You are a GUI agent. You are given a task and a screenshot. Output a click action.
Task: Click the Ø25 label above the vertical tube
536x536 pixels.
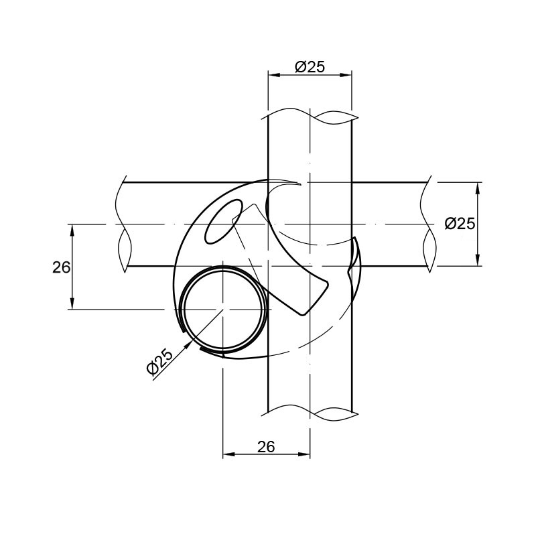[x=310, y=67]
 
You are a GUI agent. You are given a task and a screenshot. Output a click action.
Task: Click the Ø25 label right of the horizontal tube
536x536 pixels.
[x=460, y=224]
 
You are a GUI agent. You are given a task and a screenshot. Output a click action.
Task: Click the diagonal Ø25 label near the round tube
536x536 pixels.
[x=159, y=362]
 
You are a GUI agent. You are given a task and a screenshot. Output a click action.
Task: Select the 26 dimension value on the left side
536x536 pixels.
[x=62, y=267]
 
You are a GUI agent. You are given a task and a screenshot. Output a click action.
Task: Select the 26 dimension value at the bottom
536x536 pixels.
[x=266, y=447]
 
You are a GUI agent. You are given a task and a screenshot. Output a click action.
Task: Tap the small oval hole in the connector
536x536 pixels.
[x=223, y=222]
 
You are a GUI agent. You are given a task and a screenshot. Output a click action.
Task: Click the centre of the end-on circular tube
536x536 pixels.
[x=223, y=310]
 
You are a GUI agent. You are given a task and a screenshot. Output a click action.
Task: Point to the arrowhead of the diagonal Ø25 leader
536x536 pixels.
[x=187, y=345]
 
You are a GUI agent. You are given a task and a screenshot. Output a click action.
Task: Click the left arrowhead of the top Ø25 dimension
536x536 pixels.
[x=274, y=75]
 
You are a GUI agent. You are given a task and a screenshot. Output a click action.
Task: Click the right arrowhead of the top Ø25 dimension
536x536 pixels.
[x=346, y=75]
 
